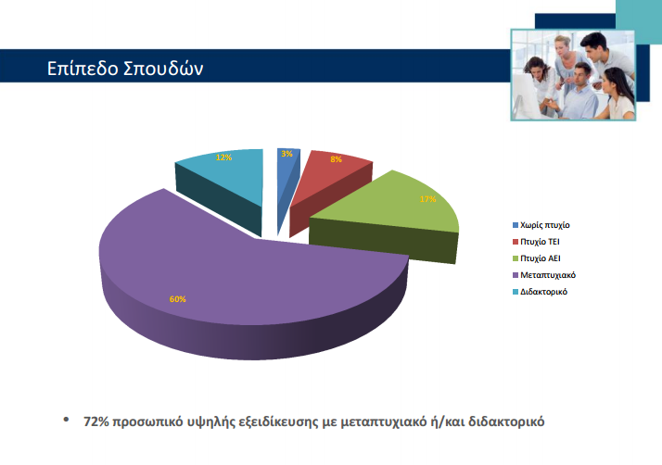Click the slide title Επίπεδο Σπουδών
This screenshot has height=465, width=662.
tap(125, 69)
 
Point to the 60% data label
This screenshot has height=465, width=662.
tap(177, 299)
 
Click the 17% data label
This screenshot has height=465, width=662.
tap(428, 199)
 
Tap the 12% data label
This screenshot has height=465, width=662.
tap(223, 157)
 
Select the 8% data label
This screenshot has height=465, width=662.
tap(335, 159)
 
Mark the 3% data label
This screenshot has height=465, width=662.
tap(287, 154)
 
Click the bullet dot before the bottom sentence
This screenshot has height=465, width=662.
tap(65, 420)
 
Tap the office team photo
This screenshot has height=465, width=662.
tap(574, 73)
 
